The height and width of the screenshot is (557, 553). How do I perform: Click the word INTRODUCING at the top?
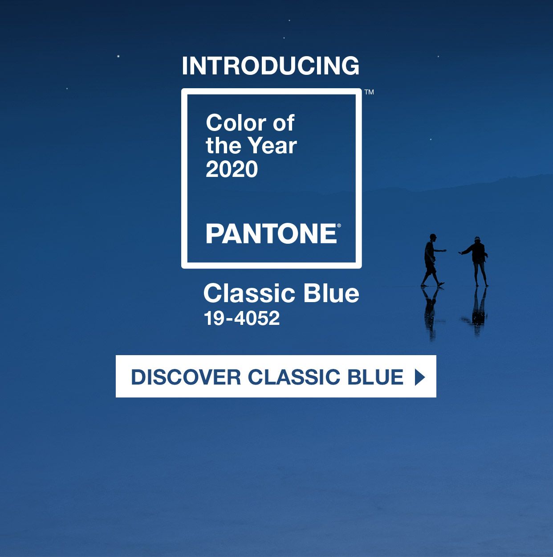270,66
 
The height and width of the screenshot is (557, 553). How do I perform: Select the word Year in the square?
272,146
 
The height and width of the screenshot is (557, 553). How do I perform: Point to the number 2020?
232,169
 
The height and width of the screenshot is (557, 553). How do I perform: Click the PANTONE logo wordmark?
271,234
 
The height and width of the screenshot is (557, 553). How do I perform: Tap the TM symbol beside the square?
369,92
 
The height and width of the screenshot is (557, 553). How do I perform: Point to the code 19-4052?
242,318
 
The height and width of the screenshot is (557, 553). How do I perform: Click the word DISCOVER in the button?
186,377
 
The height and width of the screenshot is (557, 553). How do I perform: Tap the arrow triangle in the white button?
419,377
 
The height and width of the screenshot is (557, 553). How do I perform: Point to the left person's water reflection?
430,312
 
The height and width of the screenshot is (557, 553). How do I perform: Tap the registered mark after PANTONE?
339,226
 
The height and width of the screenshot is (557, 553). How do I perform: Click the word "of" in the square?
284,123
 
